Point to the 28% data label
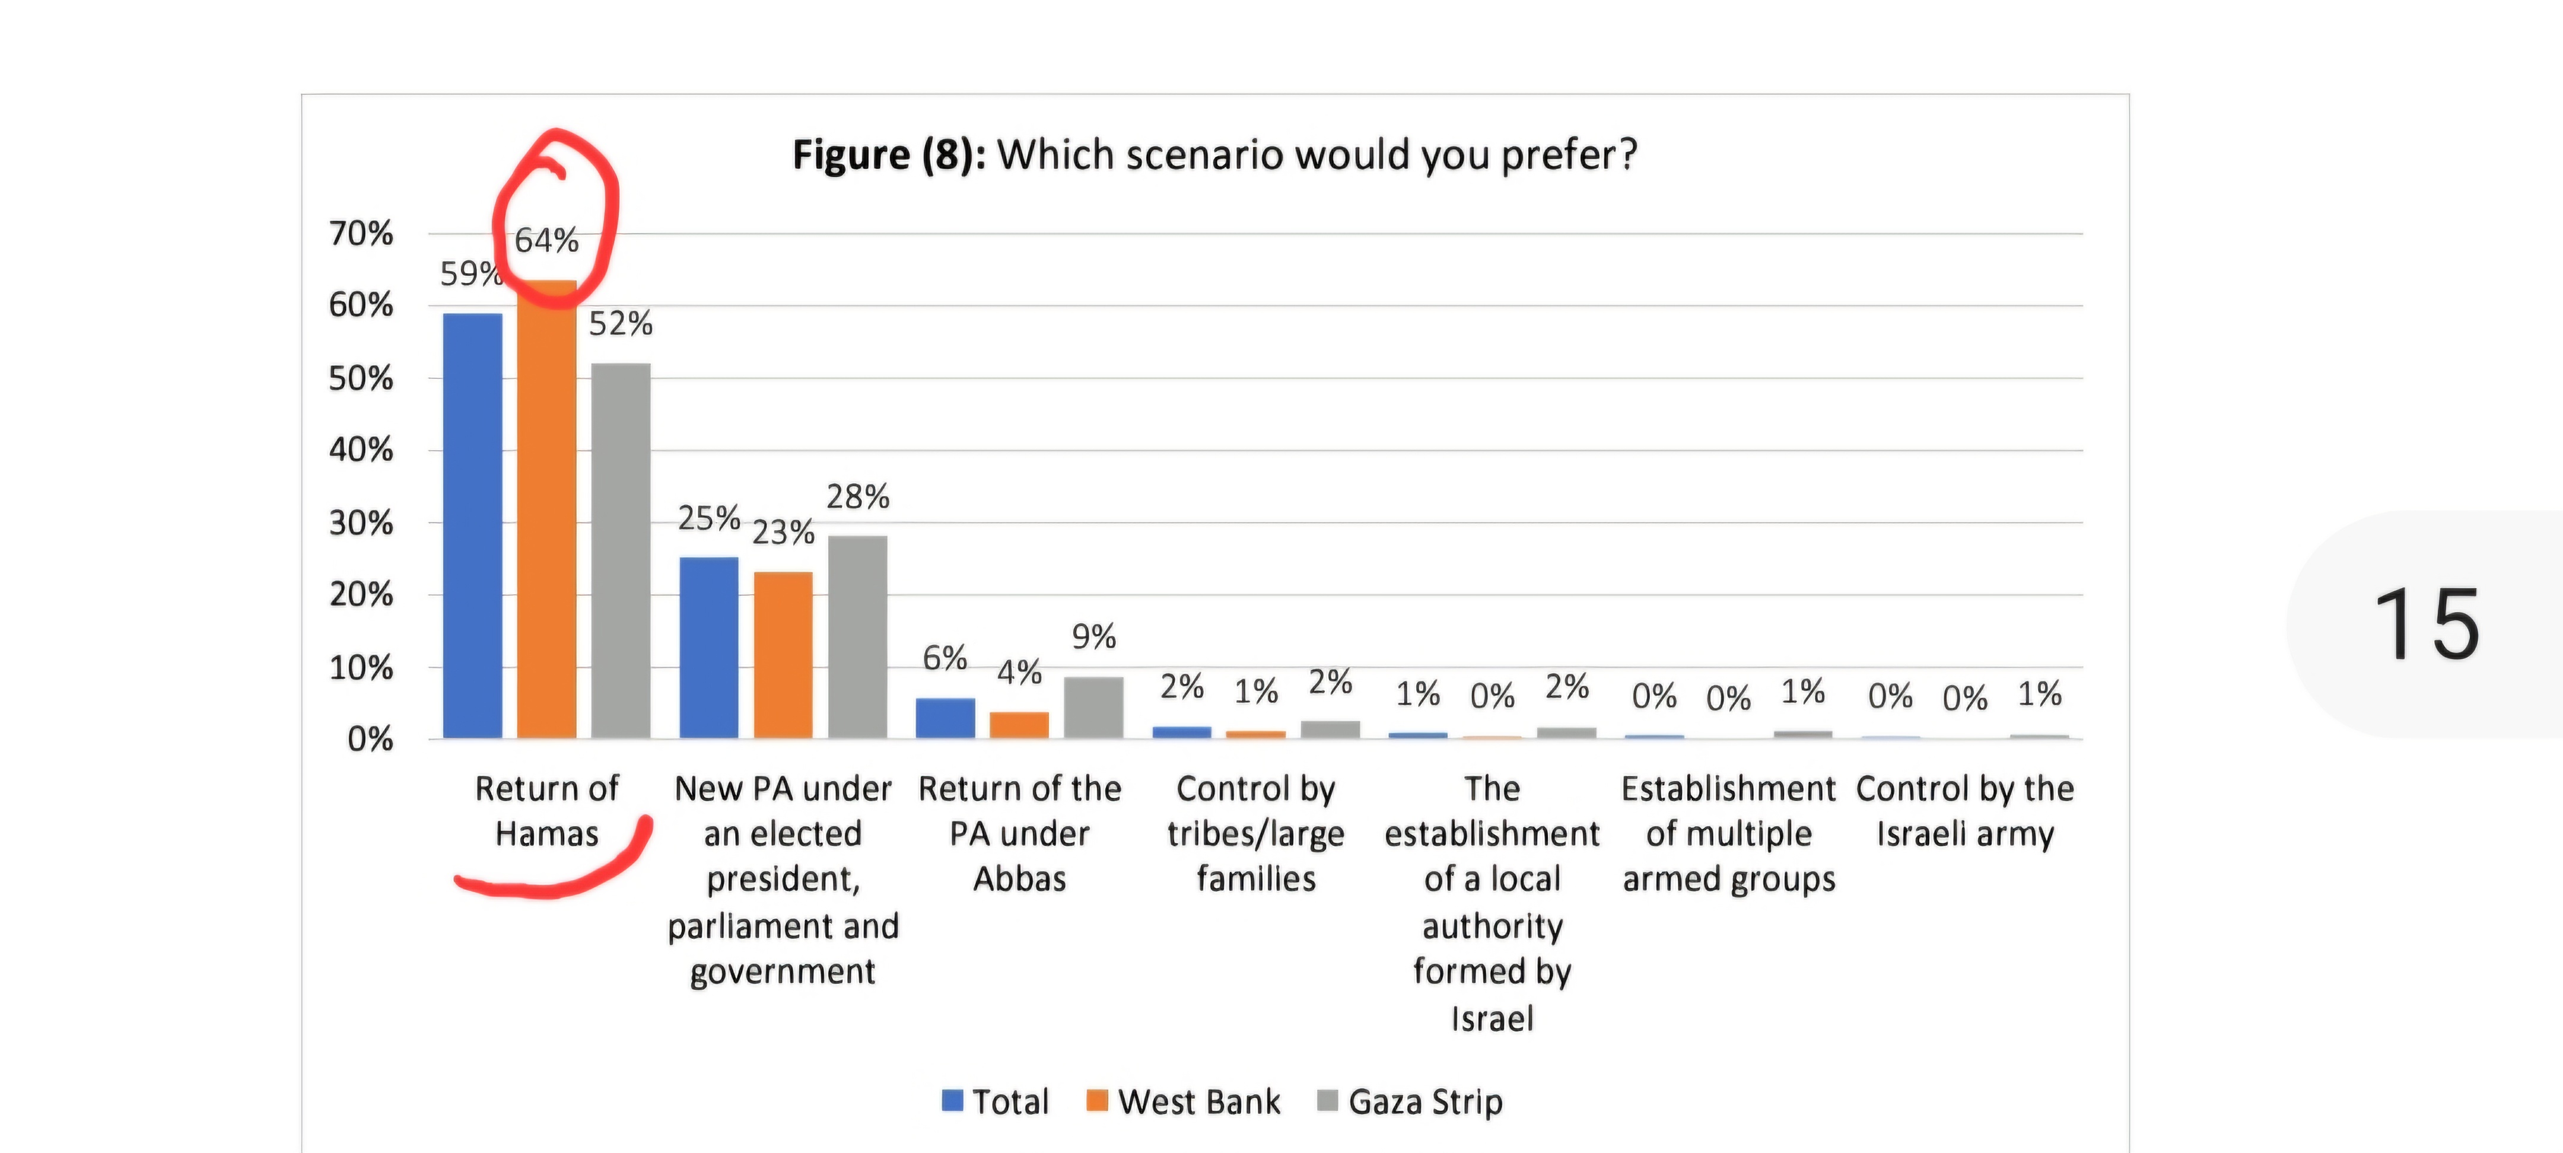tap(858, 496)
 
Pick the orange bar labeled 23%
tap(783, 655)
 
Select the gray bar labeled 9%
tap(1093, 708)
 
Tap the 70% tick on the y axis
tap(361, 234)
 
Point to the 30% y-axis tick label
tap(361, 523)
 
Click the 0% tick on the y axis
tap(370, 739)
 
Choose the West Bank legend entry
tap(1184, 1101)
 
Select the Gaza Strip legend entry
tap(1411, 1101)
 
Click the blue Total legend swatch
tap(952, 1100)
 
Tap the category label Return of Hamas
tap(546, 811)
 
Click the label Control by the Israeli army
tap(1965, 811)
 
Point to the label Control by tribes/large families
tap(1255, 834)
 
